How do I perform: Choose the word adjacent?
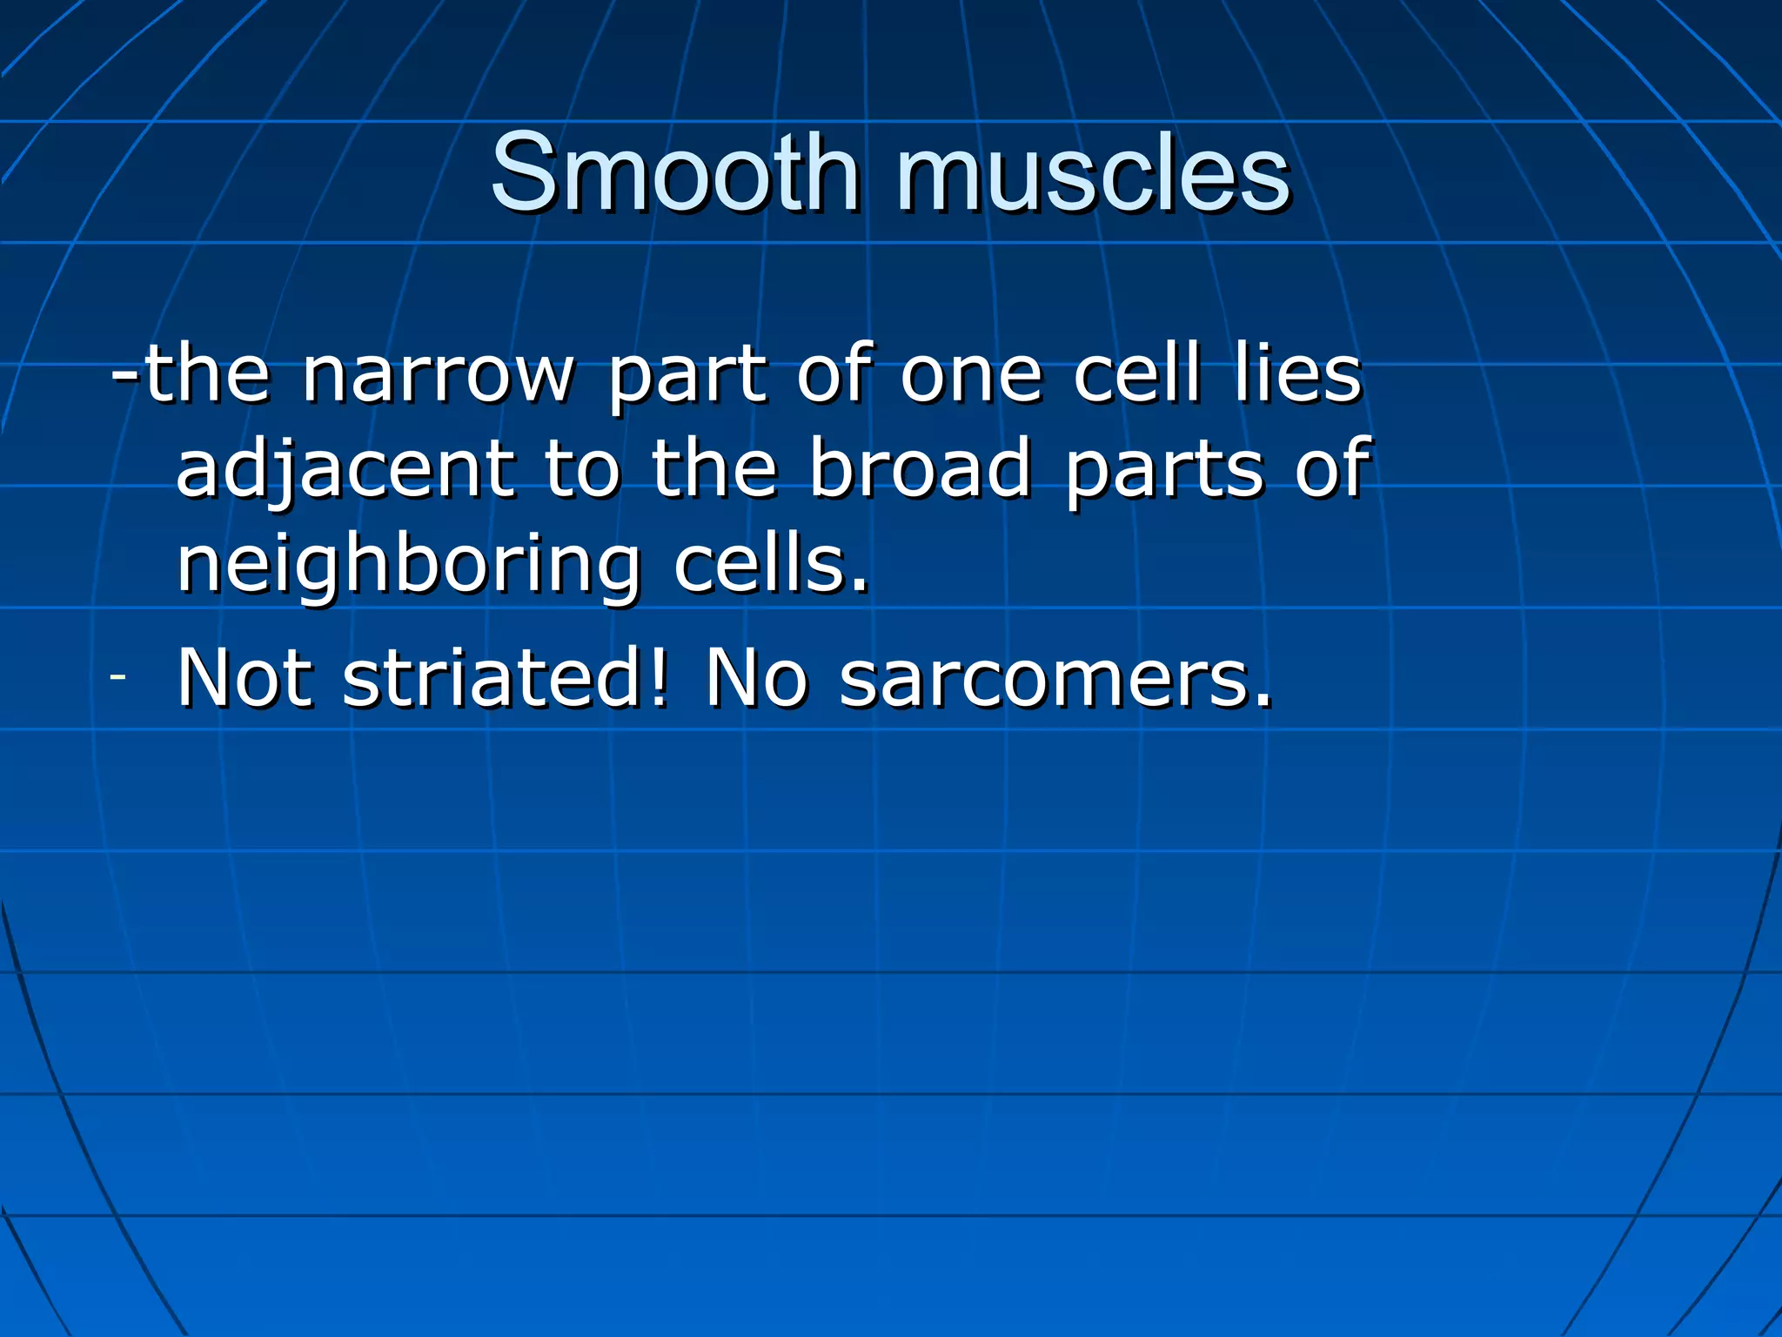[345, 470]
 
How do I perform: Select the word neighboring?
[408, 566]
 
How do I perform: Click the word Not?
[245, 678]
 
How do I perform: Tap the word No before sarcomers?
[756, 678]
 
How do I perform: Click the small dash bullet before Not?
[118, 676]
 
